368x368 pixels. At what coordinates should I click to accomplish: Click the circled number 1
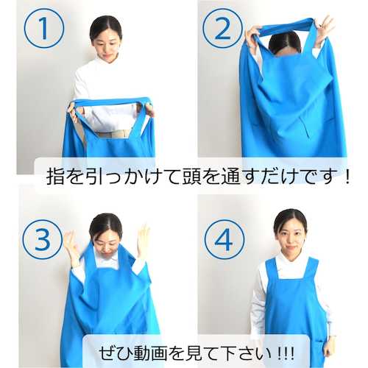pos(44,28)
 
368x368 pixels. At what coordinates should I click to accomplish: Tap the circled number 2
pos(222,28)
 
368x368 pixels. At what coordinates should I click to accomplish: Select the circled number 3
pos(43,239)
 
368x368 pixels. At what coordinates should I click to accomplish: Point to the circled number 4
pos(224,239)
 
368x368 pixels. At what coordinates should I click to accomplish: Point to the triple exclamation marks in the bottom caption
pos(286,353)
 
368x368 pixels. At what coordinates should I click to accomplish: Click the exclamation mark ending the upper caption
pos(347,176)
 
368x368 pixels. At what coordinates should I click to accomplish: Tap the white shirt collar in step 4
pos(291,258)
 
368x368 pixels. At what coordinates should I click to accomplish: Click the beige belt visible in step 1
pos(113,134)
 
